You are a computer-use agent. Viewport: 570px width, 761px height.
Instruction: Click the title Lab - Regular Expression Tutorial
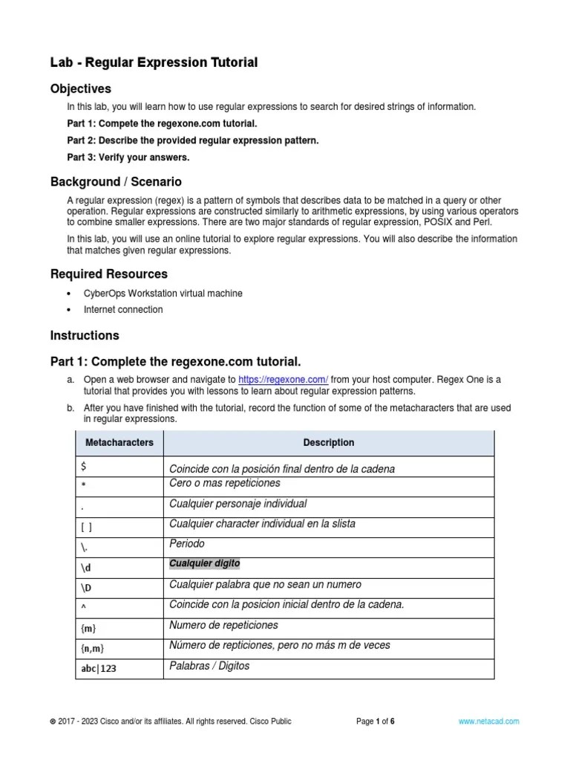pos(154,63)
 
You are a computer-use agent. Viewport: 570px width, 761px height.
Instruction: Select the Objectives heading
pos(80,89)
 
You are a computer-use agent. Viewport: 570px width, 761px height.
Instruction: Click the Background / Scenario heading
pos(116,181)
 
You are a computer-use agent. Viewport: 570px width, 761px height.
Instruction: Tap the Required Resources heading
pos(108,274)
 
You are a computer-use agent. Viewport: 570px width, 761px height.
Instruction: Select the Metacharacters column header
pos(119,442)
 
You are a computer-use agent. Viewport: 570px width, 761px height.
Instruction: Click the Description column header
pos(328,442)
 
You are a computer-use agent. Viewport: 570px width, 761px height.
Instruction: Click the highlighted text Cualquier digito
pos(204,563)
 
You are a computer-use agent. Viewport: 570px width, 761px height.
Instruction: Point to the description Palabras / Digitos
pos(209,666)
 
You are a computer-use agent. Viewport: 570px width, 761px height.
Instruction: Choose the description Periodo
pos(187,544)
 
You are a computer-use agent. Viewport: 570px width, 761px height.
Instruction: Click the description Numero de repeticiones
pos(223,625)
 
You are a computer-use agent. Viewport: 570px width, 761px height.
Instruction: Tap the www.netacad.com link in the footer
pos(488,721)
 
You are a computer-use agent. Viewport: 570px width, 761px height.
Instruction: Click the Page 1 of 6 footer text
pos(375,721)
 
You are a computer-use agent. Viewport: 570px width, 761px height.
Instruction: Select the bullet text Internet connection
pos(122,309)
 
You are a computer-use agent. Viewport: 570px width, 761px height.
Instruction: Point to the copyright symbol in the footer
pos(52,722)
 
